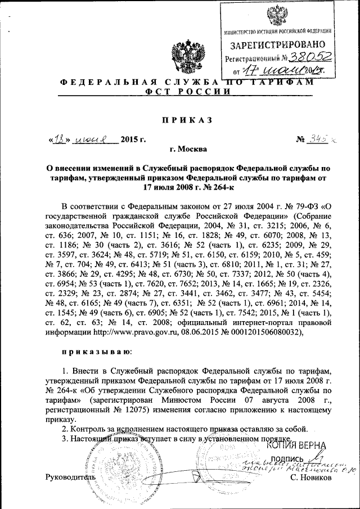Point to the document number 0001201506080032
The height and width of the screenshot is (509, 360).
[x=263, y=332]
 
